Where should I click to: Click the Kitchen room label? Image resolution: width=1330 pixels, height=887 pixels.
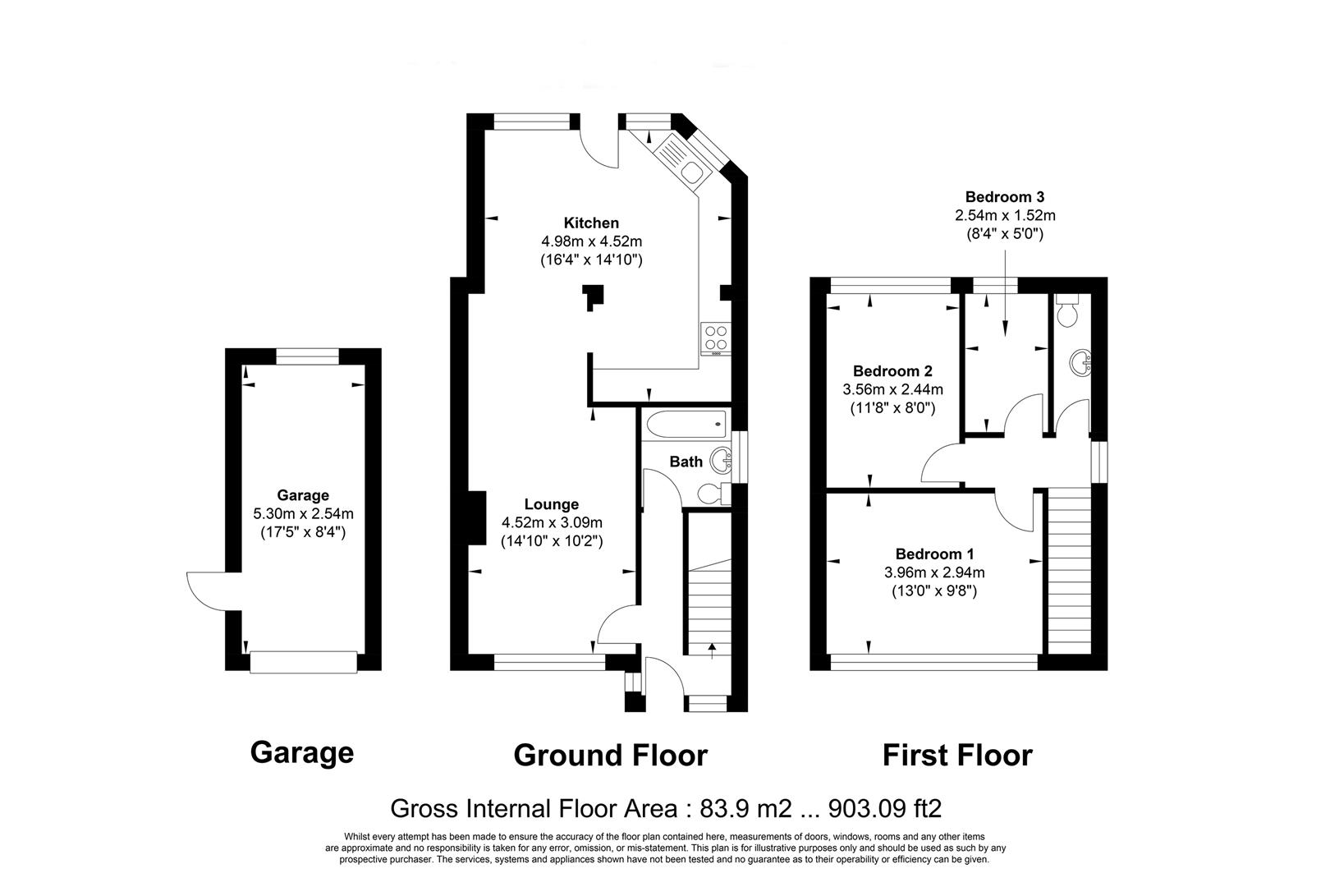point(590,223)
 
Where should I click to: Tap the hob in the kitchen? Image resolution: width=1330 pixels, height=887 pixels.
point(713,338)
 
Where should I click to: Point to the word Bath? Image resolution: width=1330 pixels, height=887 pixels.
point(686,462)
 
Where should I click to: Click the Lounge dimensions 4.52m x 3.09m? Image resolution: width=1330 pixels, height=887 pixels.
point(552,522)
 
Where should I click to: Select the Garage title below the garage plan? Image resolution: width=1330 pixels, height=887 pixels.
point(301,752)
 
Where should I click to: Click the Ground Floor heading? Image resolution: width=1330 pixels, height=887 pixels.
point(610,755)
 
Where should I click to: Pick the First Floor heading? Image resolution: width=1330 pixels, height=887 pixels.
point(957,755)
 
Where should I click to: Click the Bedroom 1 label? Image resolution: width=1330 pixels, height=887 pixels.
point(934,554)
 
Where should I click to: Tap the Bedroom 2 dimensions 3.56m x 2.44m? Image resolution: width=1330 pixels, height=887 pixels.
point(892,389)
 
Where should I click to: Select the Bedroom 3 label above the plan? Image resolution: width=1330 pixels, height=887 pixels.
point(1004,197)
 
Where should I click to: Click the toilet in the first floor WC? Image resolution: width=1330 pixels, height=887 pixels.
point(1068,311)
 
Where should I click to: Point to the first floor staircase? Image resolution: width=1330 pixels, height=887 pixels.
point(1069,567)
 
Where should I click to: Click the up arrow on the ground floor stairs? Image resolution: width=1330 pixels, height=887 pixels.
point(711,650)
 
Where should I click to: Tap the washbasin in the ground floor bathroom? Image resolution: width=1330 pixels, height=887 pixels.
point(721,461)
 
